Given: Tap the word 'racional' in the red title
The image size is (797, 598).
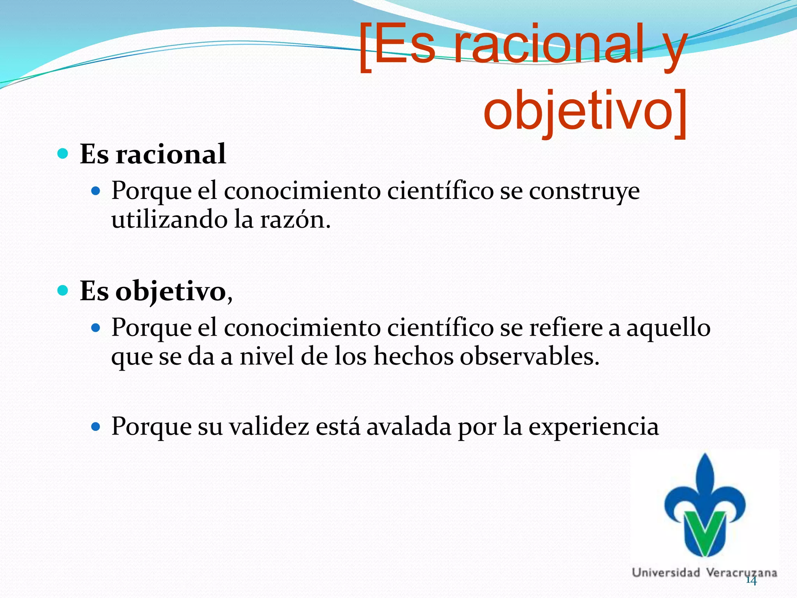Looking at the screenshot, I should [x=549, y=45].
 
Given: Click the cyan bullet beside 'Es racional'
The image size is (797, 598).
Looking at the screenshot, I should [x=63, y=154].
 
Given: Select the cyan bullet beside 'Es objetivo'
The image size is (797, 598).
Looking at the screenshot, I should [x=63, y=290].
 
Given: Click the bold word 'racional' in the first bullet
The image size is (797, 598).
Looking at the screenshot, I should [x=171, y=154].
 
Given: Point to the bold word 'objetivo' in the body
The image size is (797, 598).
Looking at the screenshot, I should [x=171, y=292].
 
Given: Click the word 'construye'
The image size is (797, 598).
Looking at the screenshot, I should [x=584, y=192].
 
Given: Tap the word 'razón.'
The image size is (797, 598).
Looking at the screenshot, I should [x=295, y=220].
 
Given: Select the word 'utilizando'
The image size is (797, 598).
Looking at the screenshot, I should [x=170, y=220].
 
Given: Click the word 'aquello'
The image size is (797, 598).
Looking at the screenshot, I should [x=668, y=328].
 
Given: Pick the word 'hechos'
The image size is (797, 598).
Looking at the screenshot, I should [x=413, y=357].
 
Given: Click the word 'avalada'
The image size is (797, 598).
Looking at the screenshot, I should [x=409, y=427].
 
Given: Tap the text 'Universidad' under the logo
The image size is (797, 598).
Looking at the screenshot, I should [x=665, y=573].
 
